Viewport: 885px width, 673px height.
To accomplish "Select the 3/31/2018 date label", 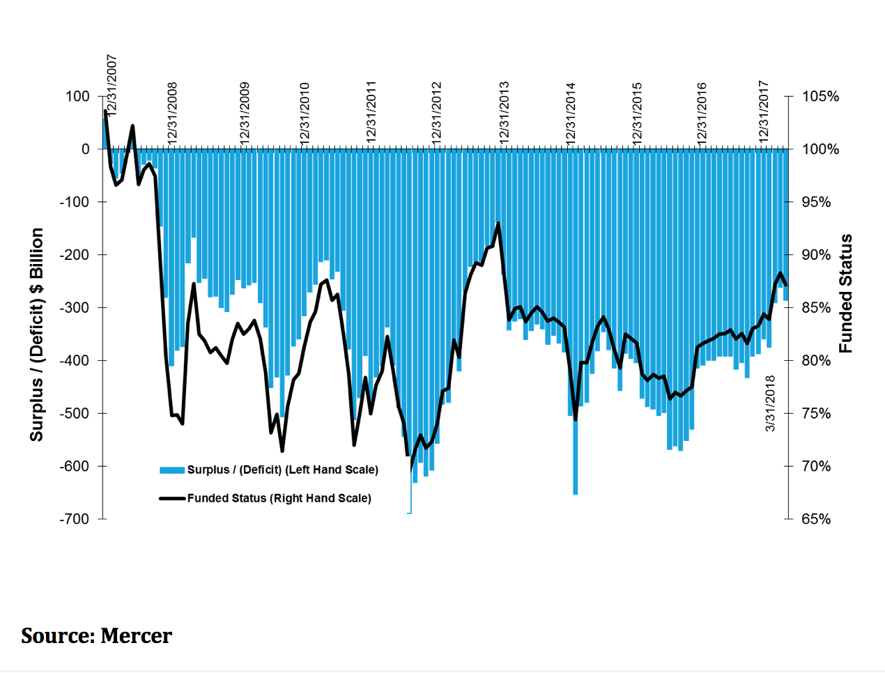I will pyautogui.click(x=770, y=403).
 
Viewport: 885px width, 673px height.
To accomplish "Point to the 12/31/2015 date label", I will pyautogui.click(x=637, y=113).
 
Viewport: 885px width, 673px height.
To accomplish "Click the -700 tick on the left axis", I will pyautogui.click(x=74, y=519).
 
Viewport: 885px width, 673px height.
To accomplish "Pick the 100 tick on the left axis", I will pyautogui.click(x=78, y=96).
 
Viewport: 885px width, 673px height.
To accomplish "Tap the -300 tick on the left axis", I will pyautogui.click(x=74, y=308).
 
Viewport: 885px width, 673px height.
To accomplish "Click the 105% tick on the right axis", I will pyautogui.click(x=820, y=96).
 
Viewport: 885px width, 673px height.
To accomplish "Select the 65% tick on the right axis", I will pyautogui.click(x=816, y=519).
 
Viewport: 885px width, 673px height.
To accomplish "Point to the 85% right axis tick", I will pyautogui.click(x=816, y=308).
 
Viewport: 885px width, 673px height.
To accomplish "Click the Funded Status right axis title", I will pyautogui.click(x=845, y=293).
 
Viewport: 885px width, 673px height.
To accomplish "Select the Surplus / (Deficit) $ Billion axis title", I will pyautogui.click(x=36, y=334).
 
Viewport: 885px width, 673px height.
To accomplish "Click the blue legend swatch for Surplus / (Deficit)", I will pyautogui.click(x=171, y=470).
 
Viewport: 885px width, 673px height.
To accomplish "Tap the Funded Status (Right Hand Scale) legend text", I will pyautogui.click(x=279, y=498).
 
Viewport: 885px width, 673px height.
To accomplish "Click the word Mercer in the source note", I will pyautogui.click(x=136, y=635).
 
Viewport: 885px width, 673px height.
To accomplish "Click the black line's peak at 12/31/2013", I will pyautogui.click(x=498, y=224).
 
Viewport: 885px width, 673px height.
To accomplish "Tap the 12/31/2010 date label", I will pyautogui.click(x=305, y=113).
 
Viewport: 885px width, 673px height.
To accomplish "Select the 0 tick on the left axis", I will pyautogui.click(x=86, y=149).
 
